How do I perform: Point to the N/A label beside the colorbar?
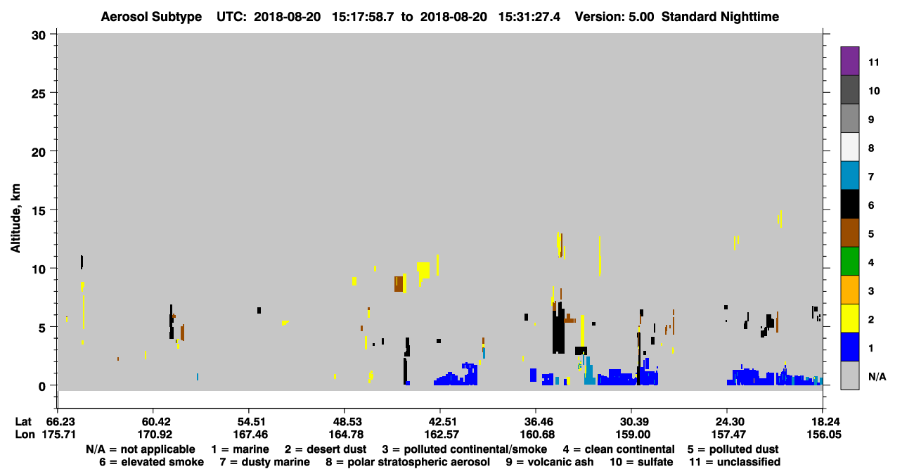877,376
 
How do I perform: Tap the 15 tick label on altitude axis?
39,211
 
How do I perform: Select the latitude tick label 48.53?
345,422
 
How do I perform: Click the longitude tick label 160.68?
536,435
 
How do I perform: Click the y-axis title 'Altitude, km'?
15,219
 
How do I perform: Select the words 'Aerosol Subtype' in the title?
151,17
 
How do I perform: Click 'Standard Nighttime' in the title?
720,17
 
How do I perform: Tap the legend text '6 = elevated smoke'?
151,462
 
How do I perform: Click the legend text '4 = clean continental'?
619,449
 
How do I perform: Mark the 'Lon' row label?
25,435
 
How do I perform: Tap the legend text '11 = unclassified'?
735,462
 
